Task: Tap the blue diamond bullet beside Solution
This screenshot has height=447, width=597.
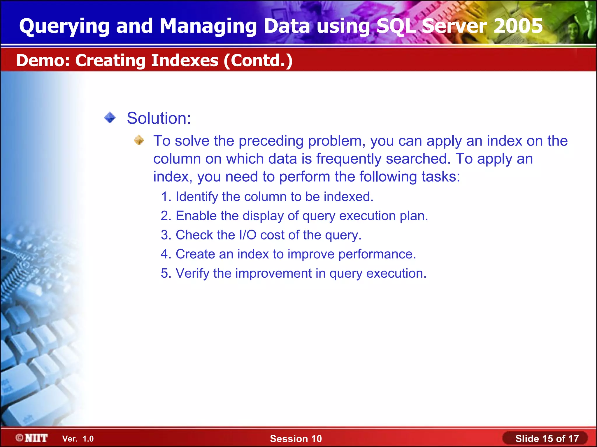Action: [110, 118]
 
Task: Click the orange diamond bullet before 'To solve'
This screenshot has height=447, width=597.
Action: [139, 140]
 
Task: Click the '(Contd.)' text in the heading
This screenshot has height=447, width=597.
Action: [258, 61]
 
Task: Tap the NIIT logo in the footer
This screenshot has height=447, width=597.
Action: [32, 438]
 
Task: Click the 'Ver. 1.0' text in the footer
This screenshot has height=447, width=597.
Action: [78, 439]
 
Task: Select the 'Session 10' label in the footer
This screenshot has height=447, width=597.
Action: [296, 439]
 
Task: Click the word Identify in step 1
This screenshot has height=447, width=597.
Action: [197, 197]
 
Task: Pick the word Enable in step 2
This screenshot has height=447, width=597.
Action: [196, 216]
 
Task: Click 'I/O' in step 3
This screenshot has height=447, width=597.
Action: [247, 235]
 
